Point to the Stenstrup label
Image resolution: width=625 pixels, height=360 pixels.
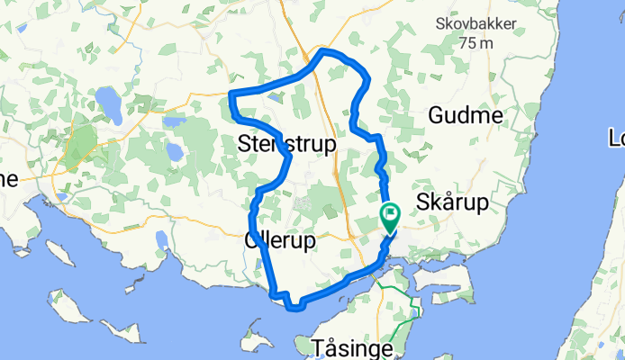pos(287,144)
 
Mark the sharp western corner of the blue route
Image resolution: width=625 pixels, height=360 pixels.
pos(231,94)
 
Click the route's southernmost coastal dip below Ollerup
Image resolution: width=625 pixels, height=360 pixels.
pos(294,309)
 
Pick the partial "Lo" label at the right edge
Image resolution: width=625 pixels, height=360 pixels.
pos(615,139)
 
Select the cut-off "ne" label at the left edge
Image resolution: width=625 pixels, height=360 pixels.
pos(8,179)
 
